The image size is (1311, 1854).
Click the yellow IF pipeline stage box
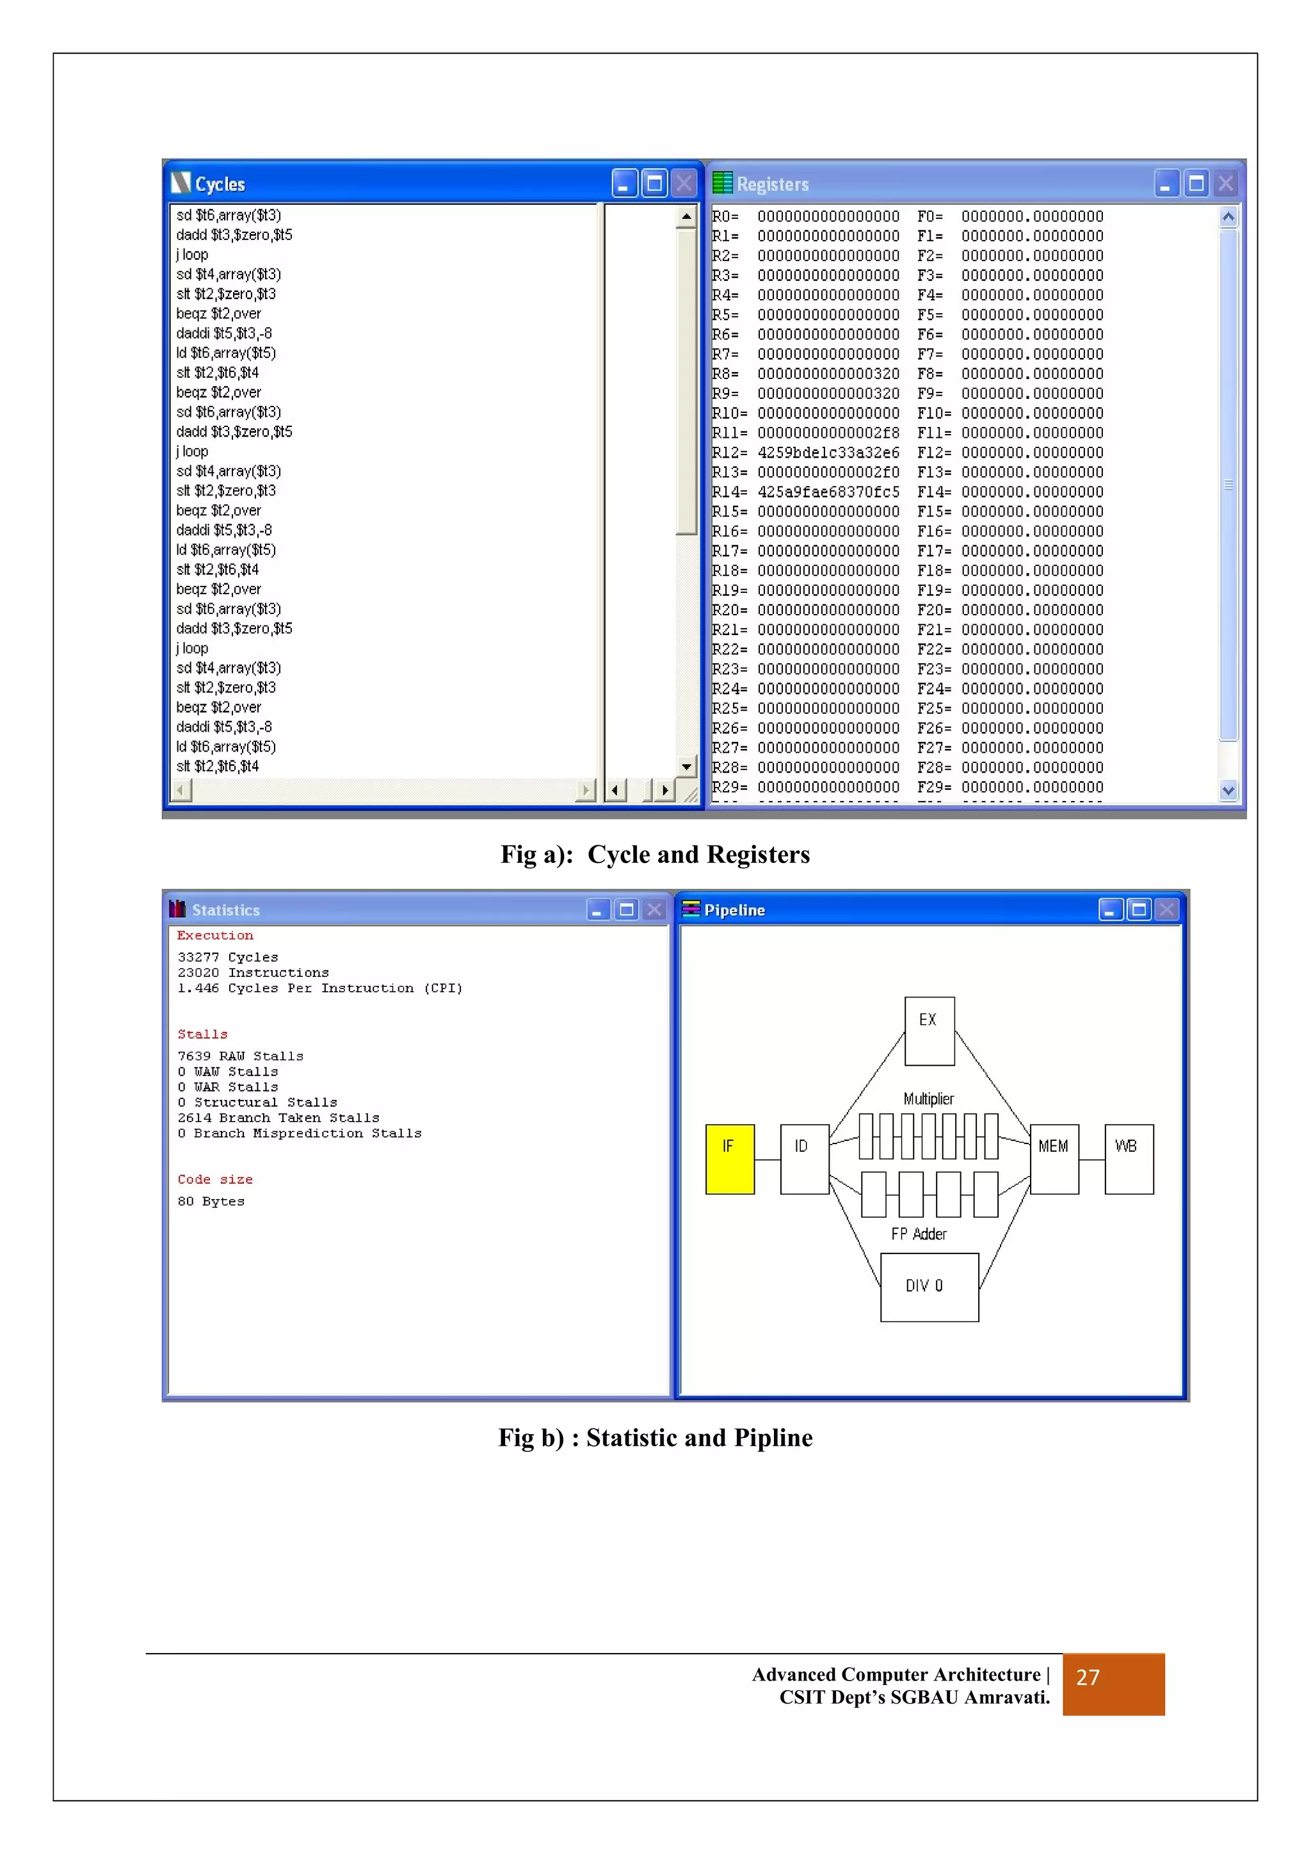point(730,1159)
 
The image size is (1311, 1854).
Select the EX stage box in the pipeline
point(929,1030)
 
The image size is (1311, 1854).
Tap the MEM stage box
point(1054,1159)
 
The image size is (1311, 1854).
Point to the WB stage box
point(1129,1159)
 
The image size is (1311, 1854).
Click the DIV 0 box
point(929,1286)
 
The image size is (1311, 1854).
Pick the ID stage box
point(804,1159)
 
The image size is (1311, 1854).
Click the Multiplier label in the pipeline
point(928,1099)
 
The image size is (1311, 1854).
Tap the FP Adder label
point(919,1234)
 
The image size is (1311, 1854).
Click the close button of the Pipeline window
point(1166,910)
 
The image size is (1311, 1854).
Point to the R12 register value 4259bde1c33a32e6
point(828,453)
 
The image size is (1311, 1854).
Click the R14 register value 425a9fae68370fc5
point(828,492)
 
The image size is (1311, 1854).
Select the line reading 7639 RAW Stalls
point(241,1056)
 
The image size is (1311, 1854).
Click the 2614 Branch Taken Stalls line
point(278,1118)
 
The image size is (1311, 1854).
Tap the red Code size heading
point(214,1180)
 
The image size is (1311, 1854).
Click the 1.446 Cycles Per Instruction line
point(319,988)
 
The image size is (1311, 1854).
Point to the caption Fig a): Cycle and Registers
point(655,854)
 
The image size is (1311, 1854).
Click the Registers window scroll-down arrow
point(1228,791)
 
